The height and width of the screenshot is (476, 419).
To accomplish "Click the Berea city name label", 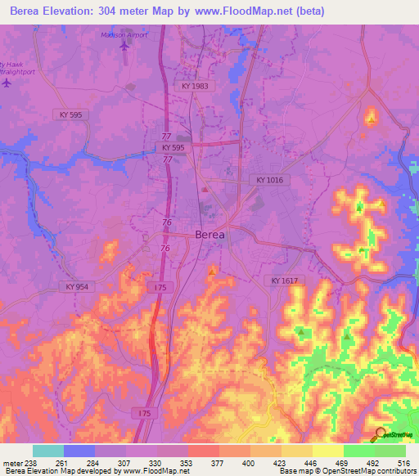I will (210, 234).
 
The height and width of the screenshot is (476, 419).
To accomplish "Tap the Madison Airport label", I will (124, 35).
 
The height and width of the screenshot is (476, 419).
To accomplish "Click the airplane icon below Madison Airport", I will (124, 46).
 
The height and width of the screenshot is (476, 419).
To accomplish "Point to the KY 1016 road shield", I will (269, 180).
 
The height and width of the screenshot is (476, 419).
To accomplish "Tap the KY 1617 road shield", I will (285, 281).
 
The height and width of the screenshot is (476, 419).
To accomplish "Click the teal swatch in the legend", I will (48, 451).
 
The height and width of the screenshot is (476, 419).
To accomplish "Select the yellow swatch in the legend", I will (328, 451).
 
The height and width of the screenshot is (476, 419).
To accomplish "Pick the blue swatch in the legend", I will (79, 451).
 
